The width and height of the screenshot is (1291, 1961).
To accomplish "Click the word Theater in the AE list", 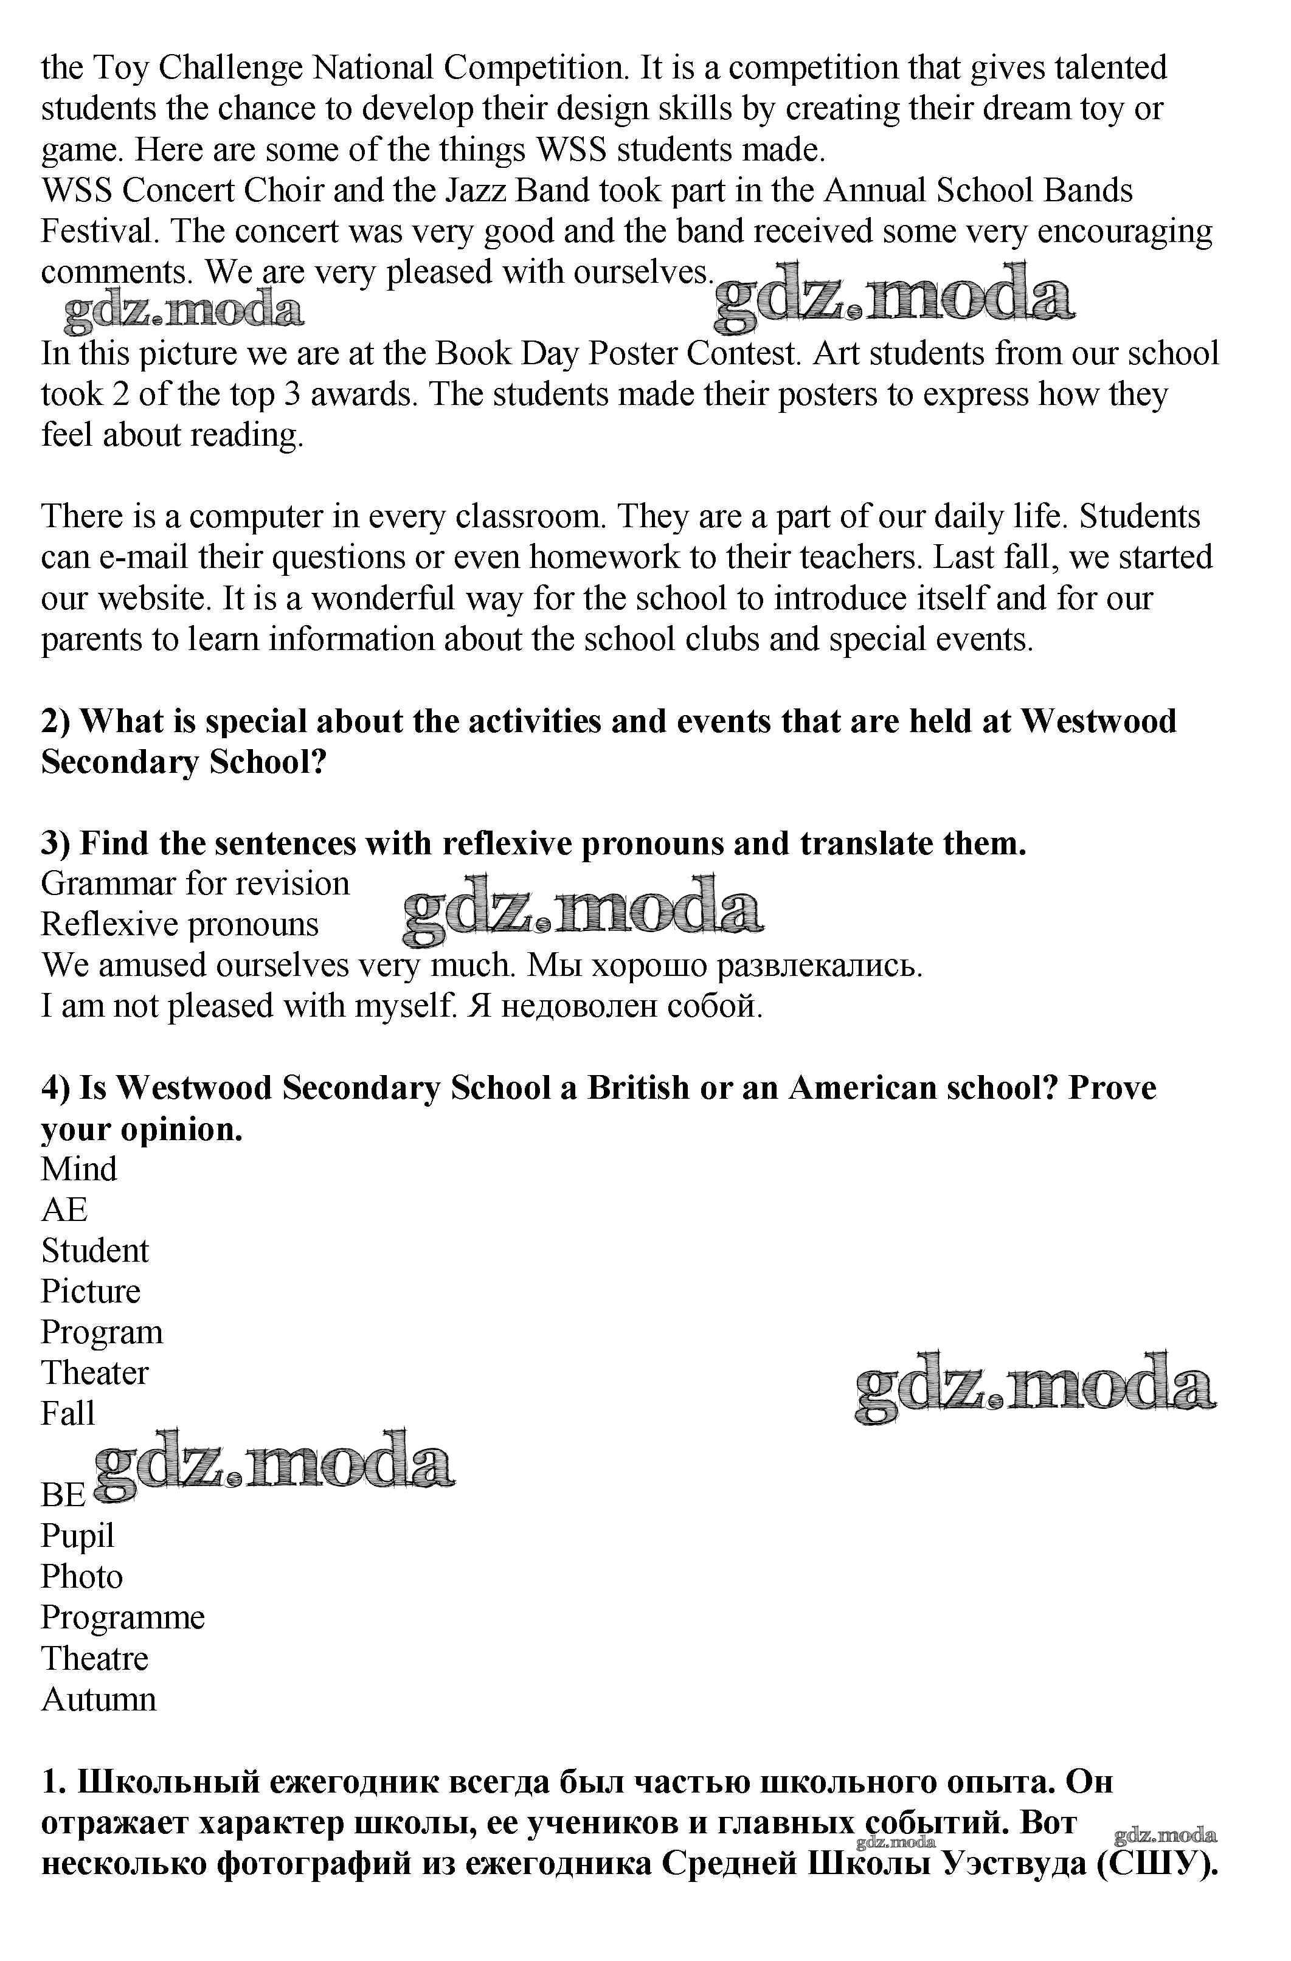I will tap(95, 1373).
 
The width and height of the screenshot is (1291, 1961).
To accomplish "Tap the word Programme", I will tap(123, 1617).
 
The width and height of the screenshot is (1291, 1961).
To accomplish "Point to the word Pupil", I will tap(77, 1537).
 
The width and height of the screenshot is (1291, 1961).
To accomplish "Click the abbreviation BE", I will tap(63, 1495).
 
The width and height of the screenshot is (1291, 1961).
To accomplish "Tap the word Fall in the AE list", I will tap(68, 1413).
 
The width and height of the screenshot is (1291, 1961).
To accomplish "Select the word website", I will tap(151, 598).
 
